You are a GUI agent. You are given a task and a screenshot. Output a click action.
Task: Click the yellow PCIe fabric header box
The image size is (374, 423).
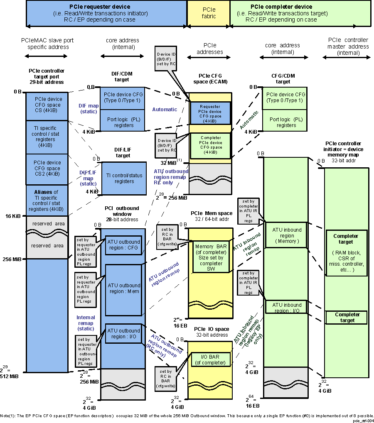(208, 14)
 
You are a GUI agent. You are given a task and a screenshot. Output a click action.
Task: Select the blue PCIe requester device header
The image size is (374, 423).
(106, 13)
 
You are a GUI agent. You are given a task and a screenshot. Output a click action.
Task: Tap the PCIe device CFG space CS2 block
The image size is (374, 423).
(47, 169)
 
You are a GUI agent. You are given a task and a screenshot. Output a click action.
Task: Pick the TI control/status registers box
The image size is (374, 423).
(123, 178)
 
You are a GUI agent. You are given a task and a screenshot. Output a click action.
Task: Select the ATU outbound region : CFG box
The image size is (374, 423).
(123, 245)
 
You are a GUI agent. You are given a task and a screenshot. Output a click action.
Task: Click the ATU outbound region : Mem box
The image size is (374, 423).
(123, 289)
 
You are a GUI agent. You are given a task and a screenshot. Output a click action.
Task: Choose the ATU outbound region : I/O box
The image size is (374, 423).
(123, 334)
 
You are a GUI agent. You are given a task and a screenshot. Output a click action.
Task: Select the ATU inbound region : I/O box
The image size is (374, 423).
(286, 308)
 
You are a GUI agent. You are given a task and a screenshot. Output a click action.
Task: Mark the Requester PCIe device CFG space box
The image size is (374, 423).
(210, 113)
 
